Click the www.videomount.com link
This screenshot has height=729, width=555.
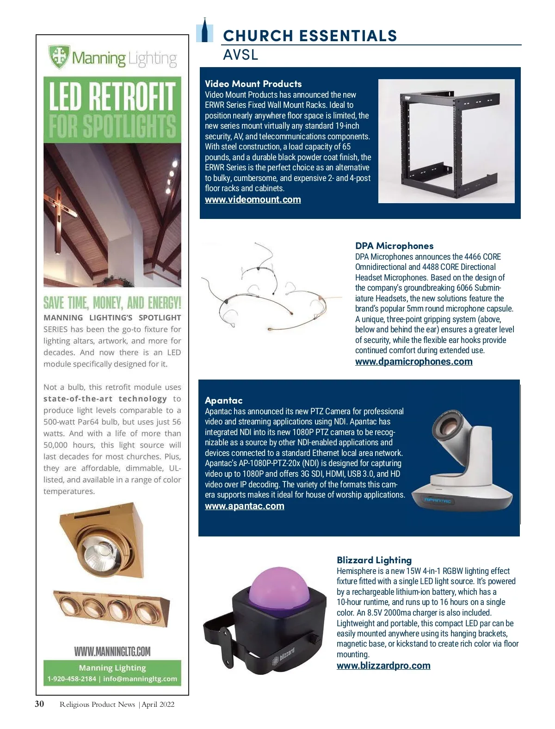coord(253,199)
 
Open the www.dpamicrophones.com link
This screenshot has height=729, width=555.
coord(413,361)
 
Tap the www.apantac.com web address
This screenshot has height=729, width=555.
coord(244,506)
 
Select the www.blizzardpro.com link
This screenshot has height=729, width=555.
coord(383,666)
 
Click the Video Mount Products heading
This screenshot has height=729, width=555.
coord(253,84)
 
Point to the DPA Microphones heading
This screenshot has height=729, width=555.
coord(394,246)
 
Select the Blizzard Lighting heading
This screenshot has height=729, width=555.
coord(374,560)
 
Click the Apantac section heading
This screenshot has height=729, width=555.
coord(223,400)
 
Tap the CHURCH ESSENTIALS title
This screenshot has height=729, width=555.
coord(310,36)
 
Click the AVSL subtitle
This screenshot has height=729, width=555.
coord(240,55)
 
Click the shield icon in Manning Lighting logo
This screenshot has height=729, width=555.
coord(59,56)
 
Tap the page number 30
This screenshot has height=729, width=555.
coord(40,704)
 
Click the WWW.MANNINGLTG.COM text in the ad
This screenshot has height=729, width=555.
coord(112,652)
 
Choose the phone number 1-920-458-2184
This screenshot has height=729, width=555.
coord(72,679)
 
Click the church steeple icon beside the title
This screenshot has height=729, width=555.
coord(204,31)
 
